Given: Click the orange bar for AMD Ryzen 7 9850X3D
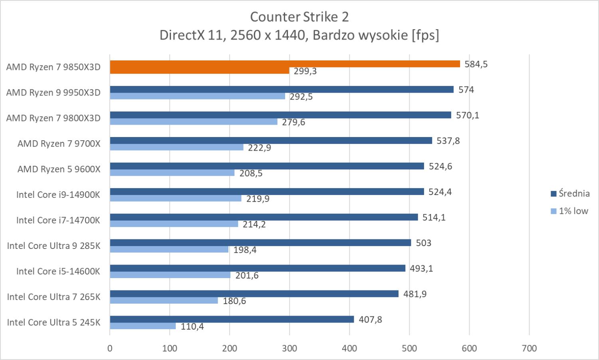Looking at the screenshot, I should tap(284, 64).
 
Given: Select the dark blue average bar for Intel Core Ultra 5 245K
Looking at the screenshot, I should tap(232, 319).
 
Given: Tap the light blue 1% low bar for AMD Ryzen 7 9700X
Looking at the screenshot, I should tap(177, 147).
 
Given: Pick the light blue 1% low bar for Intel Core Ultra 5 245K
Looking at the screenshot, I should tap(143, 326).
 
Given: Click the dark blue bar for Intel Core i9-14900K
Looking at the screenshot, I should tap(267, 192).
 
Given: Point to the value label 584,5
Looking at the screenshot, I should tap(476, 64).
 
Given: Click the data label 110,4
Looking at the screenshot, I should tap(192, 327).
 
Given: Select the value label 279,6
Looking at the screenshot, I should tap(294, 122).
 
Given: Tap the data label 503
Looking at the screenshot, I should tap(423, 243).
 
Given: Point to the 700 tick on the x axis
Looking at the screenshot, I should tap(529, 348).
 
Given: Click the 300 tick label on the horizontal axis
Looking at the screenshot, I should tap(290, 348).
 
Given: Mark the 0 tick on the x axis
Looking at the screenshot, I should tap(110, 348).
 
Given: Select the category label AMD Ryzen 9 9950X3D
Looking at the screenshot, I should tap(53, 93).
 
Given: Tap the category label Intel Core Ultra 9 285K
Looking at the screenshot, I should tap(54, 246).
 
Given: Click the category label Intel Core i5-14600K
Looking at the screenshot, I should tap(58, 271).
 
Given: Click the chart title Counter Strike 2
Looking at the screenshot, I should tap(299, 17).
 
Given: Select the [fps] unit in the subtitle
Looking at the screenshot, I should tap(425, 35).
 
